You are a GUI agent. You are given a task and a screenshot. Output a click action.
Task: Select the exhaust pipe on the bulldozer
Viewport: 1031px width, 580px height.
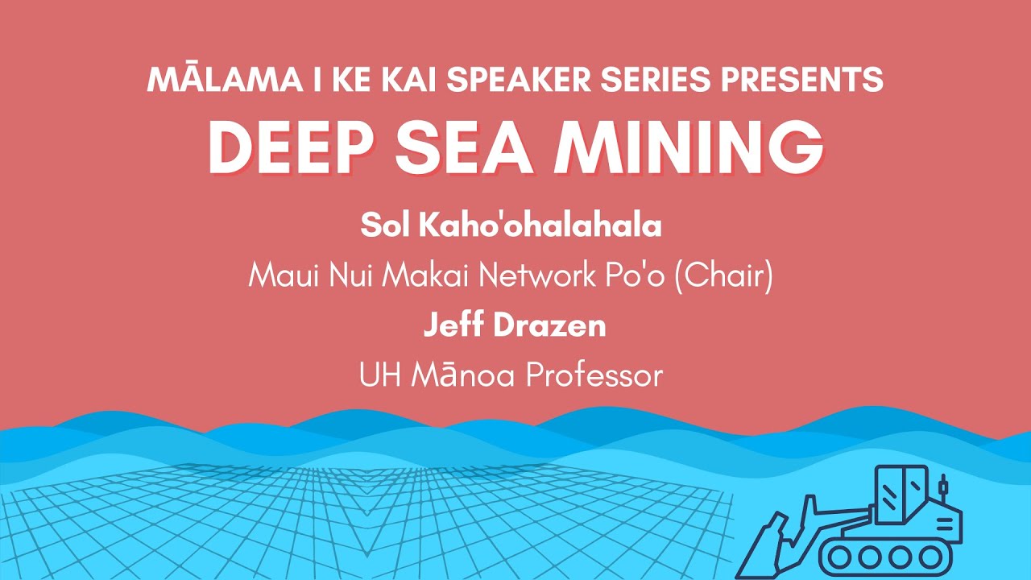pyautogui.click(x=942, y=488)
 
